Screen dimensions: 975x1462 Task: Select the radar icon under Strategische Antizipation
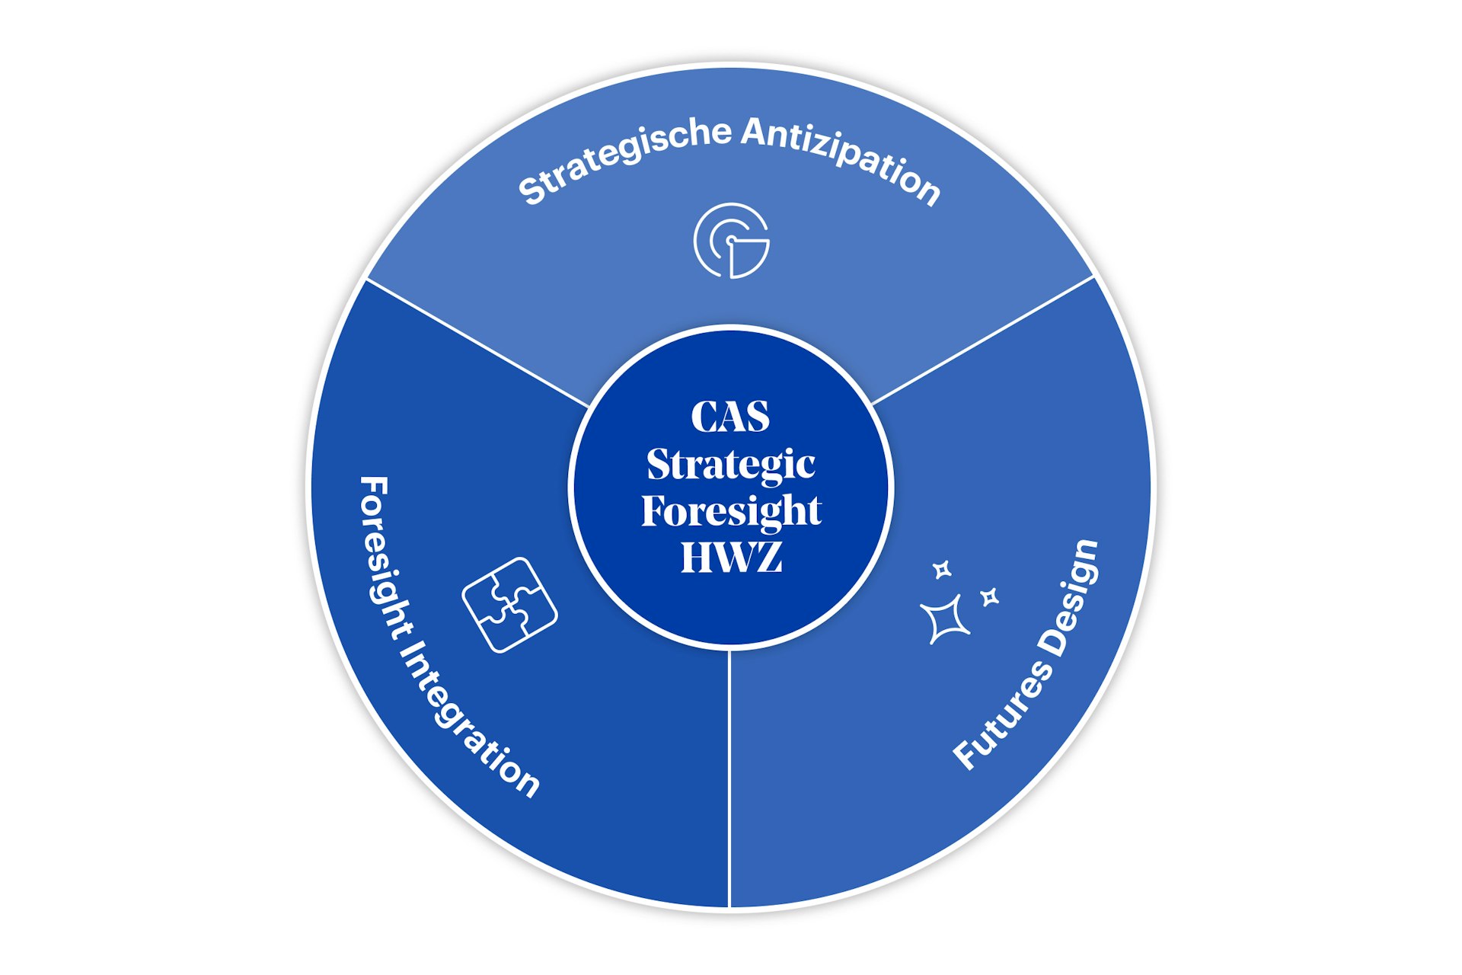pyautogui.click(x=731, y=241)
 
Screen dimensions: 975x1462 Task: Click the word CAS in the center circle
pyautogui.click(x=730, y=416)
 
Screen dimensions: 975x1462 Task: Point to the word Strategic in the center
pyautogui.click(x=730, y=464)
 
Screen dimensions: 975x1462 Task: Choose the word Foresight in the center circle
pyautogui.click(x=731, y=510)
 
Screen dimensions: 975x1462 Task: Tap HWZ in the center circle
pyautogui.click(x=731, y=557)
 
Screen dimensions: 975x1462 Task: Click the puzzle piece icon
pyautogui.click(x=509, y=605)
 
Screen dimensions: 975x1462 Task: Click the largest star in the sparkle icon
pyautogui.click(x=946, y=619)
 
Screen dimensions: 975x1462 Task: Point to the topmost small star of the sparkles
pyautogui.click(x=943, y=569)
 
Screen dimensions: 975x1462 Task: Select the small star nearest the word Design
pyautogui.click(x=990, y=597)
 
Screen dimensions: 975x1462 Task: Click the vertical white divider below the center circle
pyautogui.click(x=729, y=777)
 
